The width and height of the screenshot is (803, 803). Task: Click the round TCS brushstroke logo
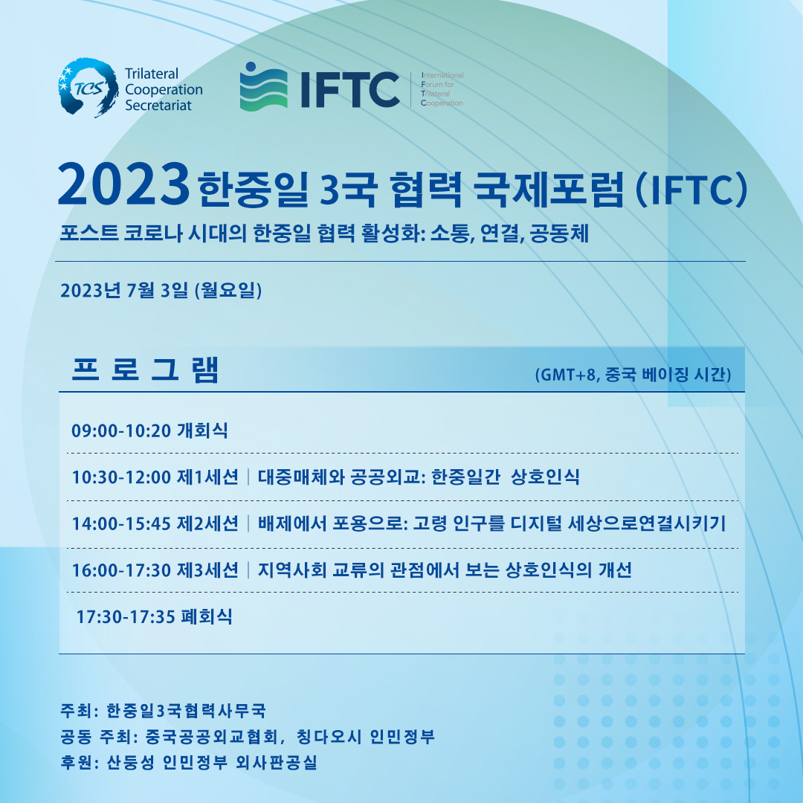tap(88, 88)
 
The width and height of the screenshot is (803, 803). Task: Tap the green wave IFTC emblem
tap(263, 86)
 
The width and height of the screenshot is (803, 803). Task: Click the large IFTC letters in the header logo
tap(350, 90)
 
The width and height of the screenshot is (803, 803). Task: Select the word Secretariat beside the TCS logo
tap(158, 106)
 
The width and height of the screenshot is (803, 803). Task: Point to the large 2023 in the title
tap(123, 184)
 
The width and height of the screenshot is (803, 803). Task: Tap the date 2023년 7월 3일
tap(124, 291)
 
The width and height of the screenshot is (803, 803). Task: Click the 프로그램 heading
tap(146, 370)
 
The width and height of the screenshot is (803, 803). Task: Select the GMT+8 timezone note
tap(633, 375)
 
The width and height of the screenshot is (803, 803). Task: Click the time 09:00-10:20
tap(121, 430)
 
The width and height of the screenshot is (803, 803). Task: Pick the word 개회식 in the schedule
tap(202, 430)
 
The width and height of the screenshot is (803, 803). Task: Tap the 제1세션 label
tap(207, 477)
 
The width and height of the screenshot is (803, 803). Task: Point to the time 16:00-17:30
tap(121, 570)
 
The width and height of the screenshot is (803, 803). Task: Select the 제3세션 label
tap(207, 570)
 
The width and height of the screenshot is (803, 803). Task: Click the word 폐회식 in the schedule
tap(207, 616)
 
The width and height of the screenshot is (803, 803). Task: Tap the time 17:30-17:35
tap(126, 617)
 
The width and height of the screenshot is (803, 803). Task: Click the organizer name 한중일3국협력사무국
tap(186, 711)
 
